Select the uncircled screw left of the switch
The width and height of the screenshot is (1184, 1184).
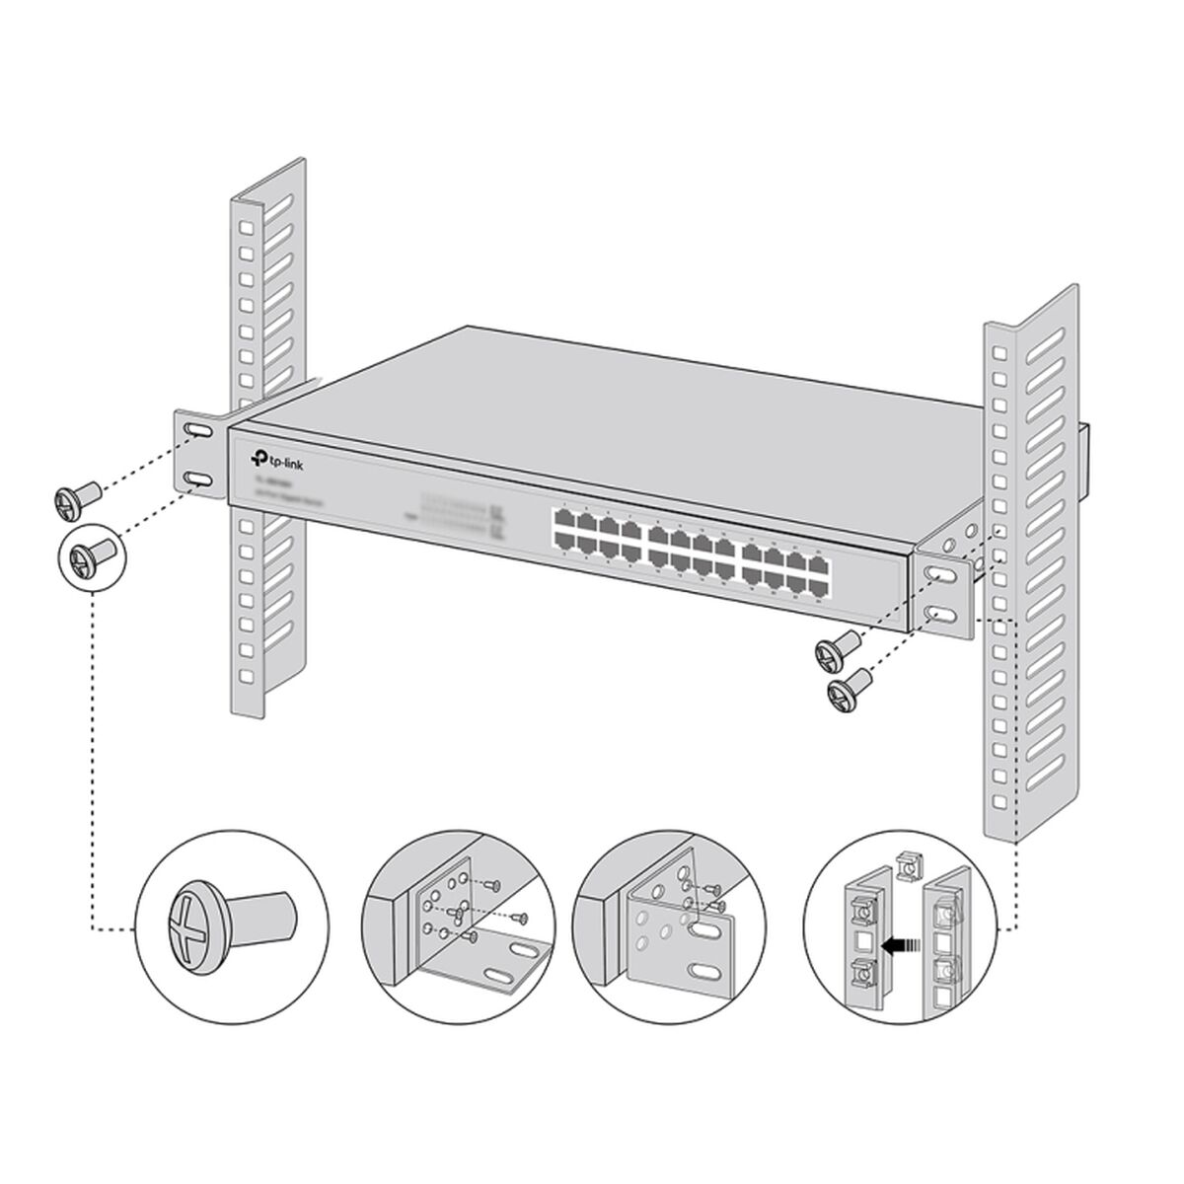point(75,497)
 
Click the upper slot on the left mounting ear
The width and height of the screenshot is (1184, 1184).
point(196,432)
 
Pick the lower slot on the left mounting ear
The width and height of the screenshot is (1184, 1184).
point(196,480)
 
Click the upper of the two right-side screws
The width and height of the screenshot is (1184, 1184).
point(838,649)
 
